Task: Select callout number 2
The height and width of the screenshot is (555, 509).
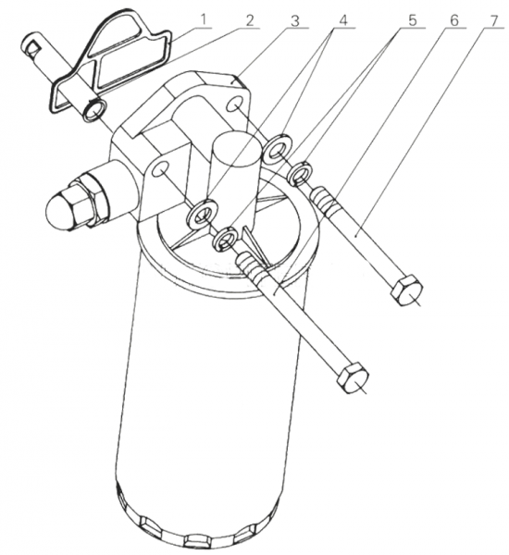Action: click(250, 20)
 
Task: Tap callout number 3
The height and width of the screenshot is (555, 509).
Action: click(294, 21)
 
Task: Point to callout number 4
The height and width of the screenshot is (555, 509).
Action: click(342, 20)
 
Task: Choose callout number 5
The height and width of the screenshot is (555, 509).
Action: click(412, 20)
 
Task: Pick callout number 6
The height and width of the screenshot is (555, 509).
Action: click(453, 20)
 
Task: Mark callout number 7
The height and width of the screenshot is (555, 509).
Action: click(494, 20)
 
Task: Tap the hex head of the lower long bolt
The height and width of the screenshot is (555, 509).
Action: click(353, 377)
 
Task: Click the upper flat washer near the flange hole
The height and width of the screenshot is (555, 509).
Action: click(278, 149)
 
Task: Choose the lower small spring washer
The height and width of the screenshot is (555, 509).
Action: click(225, 240)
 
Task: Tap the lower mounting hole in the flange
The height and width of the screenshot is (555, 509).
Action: click(159, 169)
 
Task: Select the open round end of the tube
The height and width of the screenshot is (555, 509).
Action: click(93, 110)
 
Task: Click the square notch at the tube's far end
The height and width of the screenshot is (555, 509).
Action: click(33, 49)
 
